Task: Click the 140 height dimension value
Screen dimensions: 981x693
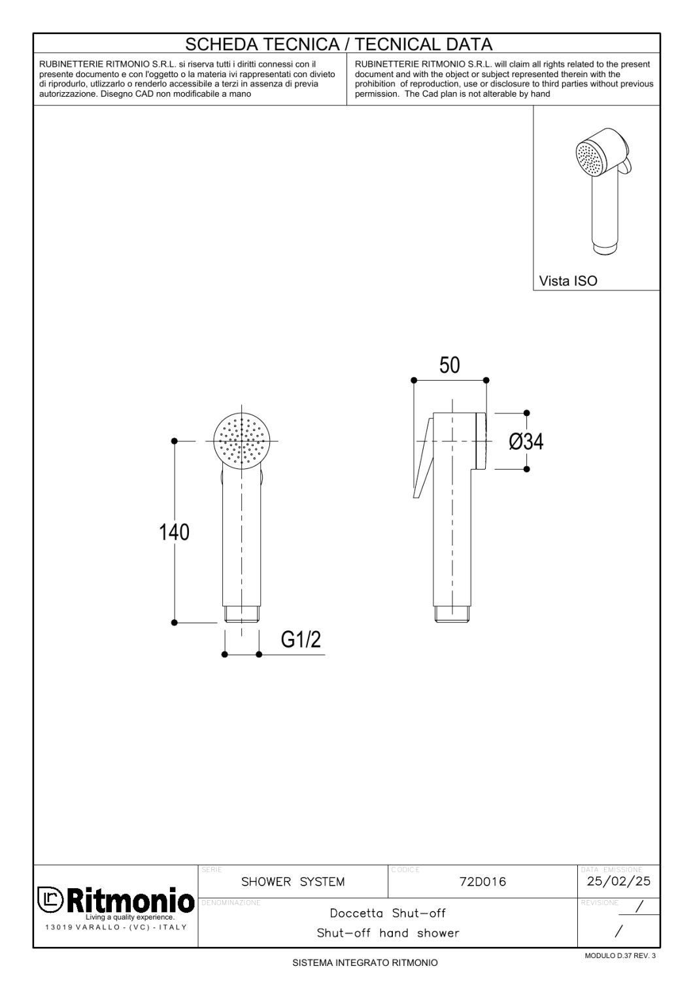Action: [x=175, y=532]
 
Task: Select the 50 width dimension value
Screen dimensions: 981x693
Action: [x=449, y=365]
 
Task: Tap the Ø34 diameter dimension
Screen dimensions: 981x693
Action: [x=526, y=442]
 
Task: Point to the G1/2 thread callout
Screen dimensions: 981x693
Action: [x=301, y=640]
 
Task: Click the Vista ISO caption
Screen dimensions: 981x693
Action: [x=567, y=281]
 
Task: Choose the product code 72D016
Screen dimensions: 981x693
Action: [x=482, y=882]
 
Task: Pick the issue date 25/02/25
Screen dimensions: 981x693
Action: [x=618, y=881]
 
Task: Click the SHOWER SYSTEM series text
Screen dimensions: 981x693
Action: [x=293, y=882]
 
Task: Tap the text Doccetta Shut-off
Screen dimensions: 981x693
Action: [x=388, y=913]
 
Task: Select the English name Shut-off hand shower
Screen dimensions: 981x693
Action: [x=388, y=933]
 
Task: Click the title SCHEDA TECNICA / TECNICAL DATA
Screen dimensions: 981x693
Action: [x=339, y=44]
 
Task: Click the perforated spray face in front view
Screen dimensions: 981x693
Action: [x=242, y=441]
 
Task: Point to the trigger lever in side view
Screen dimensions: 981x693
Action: [x=422, y=458]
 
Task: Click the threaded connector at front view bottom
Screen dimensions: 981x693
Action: [x=242, y=614]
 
